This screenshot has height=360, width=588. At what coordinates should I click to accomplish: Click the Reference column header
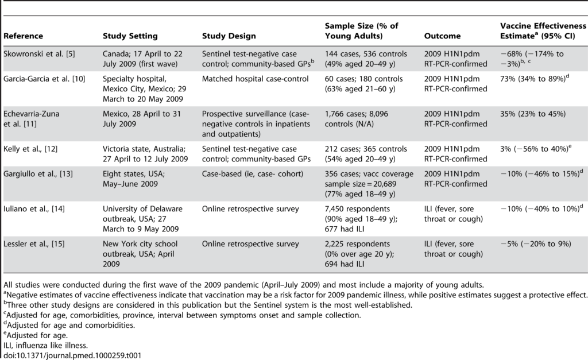tap(23, 36)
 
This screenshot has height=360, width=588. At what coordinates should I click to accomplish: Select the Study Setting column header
tap(130, 36)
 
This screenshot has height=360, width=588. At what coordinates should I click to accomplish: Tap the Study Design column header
tap(229, 36)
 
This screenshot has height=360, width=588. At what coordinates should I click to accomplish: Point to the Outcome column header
tap(442, 36)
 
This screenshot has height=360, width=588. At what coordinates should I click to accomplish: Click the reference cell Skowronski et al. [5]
tap(39, 53)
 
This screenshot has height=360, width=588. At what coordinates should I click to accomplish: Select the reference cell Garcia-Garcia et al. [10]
tap(44, 79)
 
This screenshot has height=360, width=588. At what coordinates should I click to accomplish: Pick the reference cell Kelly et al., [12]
tap(30, 149)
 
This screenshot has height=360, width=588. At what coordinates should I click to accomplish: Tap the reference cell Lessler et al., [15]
tap(34, 244)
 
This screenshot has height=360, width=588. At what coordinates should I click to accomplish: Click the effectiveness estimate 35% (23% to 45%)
tap(533, 114)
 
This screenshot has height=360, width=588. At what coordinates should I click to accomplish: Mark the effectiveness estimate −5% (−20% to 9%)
tap(536, 244)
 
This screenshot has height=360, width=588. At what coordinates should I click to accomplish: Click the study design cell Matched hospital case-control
tap(256, 79)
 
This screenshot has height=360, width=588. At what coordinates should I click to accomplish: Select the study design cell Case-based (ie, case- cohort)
tap(253, 173)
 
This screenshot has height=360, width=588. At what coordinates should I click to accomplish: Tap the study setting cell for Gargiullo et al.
tap(134, 179)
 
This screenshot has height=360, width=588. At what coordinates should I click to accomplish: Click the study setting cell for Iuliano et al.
tap(142, 219)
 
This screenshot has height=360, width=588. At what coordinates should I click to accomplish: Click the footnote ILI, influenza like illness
tap(45, 346)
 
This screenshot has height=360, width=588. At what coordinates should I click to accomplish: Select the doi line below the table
tap(72, 355)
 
